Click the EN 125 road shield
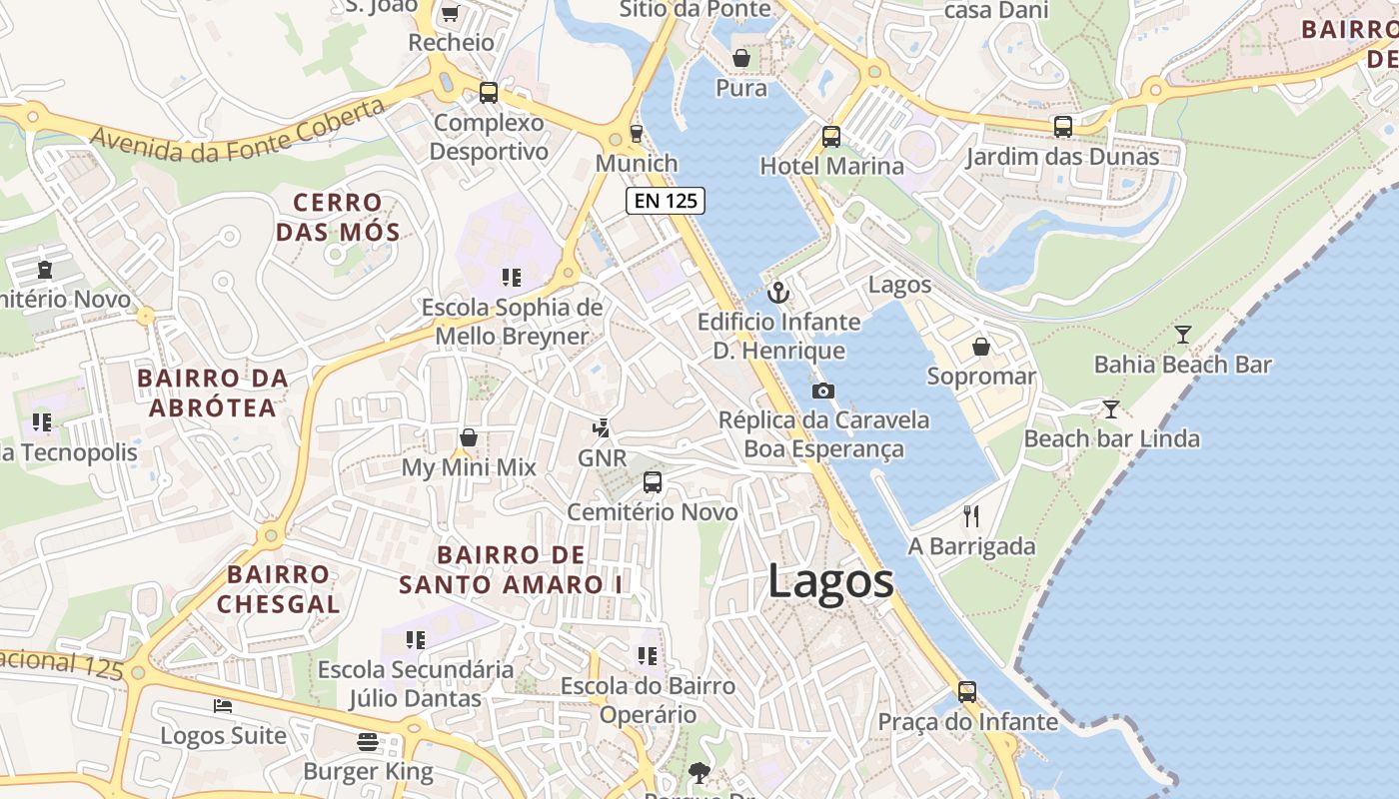(x=666, y=201)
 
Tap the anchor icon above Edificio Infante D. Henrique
(x=777, y=293)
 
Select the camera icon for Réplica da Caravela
(x=823, y=391)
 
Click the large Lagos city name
(x=830, y=581)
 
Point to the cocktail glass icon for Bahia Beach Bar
(x=1183, y=335)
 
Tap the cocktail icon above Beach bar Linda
(x=1110, y=409)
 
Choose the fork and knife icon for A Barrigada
(x=971, y=516)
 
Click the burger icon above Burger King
(x=368, y=742)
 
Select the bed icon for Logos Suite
(x=223, y=706)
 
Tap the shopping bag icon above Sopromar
(x=981, y=347)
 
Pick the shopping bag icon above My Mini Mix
(x=468, y=437)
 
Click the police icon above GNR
(x=601, y=428)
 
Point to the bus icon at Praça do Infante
(x=966, y=691)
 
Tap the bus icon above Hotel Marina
(x=831, y=137)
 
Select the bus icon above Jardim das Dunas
(x=1063, y=127)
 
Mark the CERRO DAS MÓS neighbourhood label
(x=338, y=218)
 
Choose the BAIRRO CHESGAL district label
(x=278, y=589)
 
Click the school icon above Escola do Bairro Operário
(x=648, y=656)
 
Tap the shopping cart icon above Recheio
(x=450, y=13)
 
